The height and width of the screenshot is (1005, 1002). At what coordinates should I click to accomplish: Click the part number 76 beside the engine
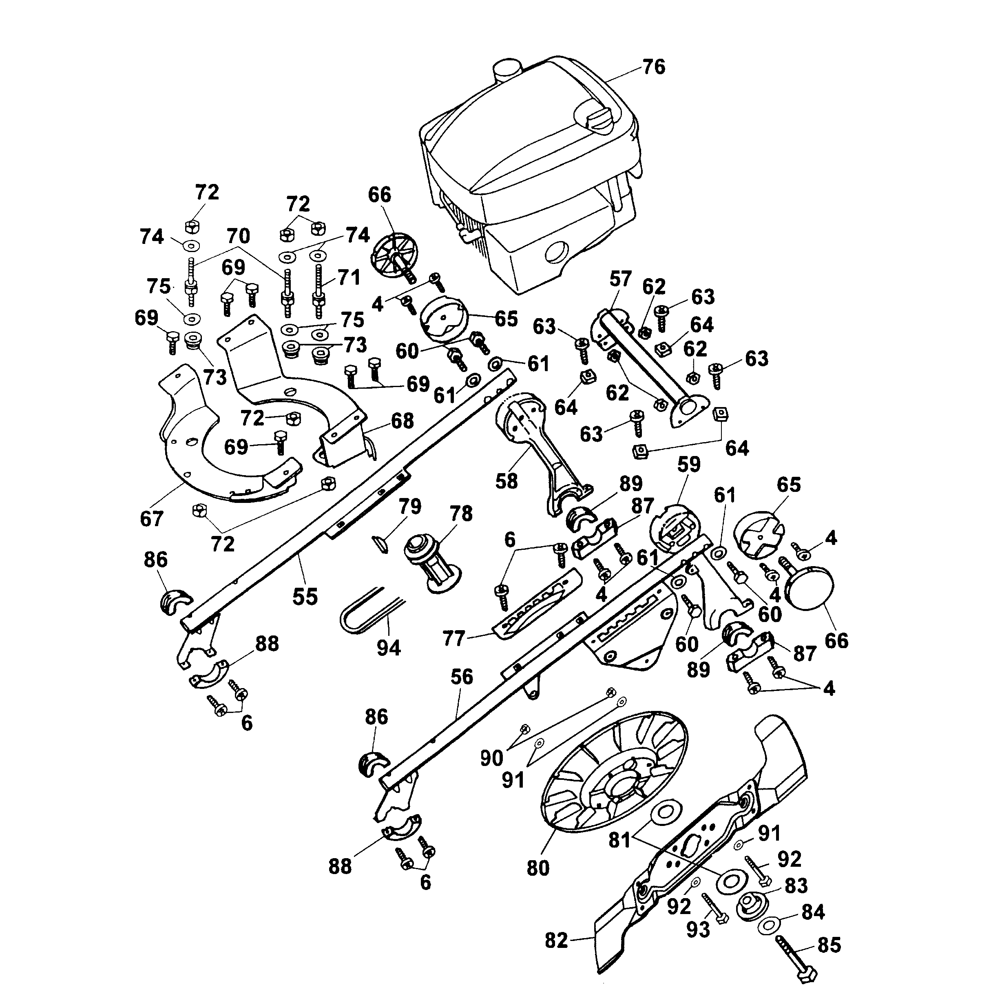[654, 67]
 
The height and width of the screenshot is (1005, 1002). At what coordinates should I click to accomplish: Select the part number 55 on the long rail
[305, 596]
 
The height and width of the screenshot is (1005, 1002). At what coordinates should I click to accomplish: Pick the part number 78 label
[461, 514]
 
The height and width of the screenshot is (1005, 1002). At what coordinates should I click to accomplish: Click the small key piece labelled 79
[382, 544]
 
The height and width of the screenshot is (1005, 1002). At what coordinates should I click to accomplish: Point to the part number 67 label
[152, 519]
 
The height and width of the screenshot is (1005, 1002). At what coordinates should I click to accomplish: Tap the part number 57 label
[620, 279]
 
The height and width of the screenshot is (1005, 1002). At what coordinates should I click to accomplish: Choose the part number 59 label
[689, 464]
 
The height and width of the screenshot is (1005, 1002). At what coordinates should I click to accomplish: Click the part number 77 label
[453, 638]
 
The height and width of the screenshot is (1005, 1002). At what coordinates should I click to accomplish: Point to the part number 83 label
[796, 885]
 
